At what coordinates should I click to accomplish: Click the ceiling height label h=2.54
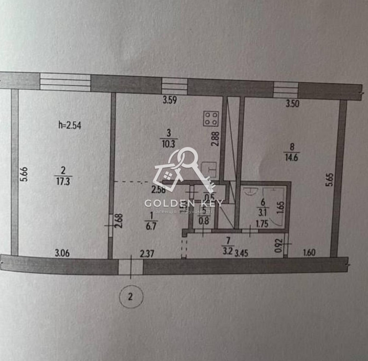(x=70, y=125)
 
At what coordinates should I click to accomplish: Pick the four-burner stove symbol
(x=212, y=118)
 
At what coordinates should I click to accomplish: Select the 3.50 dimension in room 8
(x=293, y=104)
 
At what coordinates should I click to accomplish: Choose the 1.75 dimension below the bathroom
(x=262, y=223)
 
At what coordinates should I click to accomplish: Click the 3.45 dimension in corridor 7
(x=242, y=253)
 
